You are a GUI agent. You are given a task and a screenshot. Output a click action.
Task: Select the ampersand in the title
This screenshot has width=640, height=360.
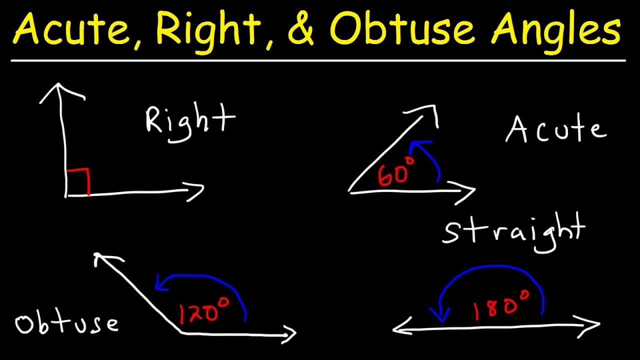pyautogui.click(x=301, y=30)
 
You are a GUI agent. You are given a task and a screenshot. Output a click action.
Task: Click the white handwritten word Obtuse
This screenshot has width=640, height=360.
pyautogui.click(x=66, y=323)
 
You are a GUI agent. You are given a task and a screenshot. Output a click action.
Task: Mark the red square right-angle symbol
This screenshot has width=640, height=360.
pyautogui.click(x=78, y=182)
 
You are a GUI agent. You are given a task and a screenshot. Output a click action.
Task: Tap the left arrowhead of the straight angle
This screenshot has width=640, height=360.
pyautogui.click(x=400, y=328)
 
